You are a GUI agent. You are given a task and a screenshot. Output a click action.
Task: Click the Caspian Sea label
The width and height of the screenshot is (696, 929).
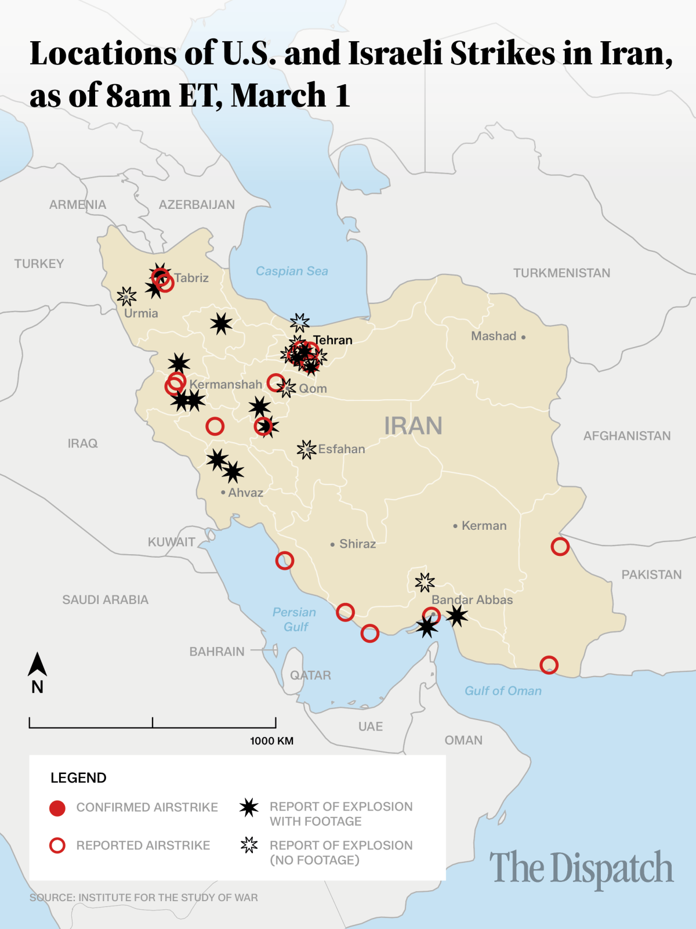292,271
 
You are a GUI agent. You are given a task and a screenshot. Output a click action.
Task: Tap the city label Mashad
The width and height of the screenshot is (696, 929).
494,336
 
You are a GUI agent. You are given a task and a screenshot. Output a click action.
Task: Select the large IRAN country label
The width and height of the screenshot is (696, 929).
413,426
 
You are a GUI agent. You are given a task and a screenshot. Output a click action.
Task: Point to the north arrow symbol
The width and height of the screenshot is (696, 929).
37,665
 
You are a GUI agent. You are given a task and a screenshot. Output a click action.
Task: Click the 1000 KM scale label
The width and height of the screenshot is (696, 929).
271,741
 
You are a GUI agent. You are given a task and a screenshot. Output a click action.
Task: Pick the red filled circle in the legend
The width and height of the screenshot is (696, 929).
57,808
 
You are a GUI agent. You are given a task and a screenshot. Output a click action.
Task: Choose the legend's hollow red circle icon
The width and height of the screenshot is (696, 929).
57,845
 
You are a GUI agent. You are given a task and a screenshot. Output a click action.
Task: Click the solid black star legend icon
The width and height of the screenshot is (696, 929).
249,807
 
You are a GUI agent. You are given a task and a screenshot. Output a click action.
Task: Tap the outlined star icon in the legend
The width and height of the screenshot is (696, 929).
249,845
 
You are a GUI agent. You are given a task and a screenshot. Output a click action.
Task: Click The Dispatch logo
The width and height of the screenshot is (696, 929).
581,869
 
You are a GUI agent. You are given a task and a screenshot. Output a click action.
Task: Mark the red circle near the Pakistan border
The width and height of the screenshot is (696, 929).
560,547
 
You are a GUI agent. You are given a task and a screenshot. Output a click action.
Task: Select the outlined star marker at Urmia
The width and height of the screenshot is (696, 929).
126,297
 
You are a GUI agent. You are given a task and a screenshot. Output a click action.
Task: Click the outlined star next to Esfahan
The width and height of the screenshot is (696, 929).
306,449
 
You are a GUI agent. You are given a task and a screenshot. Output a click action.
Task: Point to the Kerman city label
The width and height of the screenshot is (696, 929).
484,526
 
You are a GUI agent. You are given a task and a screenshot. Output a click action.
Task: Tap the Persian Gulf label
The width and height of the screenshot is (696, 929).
295,619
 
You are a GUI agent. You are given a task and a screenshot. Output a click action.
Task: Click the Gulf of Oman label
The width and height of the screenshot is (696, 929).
503,691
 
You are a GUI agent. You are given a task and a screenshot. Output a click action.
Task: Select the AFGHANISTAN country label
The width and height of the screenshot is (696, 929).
626,436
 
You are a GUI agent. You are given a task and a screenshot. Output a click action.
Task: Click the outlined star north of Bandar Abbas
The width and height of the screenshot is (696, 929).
425,582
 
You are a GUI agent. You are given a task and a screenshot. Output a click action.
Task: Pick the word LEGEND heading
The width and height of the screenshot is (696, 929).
78,778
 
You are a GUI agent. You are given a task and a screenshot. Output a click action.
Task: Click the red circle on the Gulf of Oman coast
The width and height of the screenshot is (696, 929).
549,665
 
